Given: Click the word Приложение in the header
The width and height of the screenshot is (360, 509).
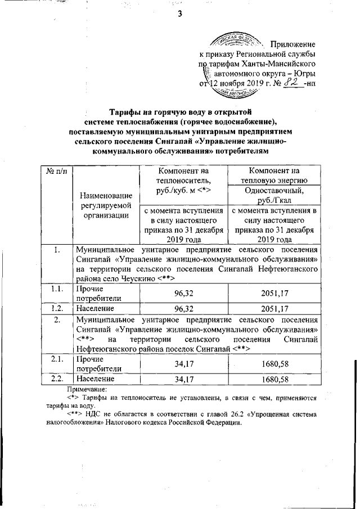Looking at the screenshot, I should point(292,44).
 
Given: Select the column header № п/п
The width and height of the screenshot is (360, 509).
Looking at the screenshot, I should point(56,171).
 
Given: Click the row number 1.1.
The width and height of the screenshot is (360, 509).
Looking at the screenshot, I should point(56,288).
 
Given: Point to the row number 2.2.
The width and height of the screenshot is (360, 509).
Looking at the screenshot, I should point(56,380).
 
